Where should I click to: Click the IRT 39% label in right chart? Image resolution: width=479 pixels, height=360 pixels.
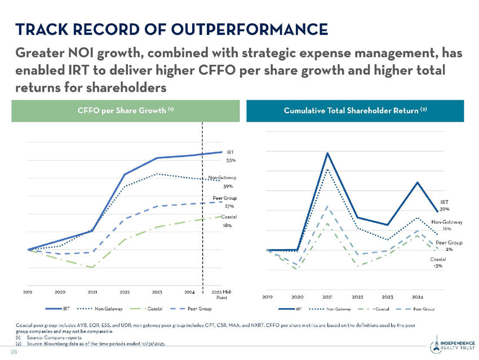445,205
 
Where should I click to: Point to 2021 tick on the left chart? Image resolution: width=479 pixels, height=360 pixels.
92,292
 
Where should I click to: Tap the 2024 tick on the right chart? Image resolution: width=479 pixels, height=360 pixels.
418,296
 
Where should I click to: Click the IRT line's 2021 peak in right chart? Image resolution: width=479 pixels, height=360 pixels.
327,153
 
